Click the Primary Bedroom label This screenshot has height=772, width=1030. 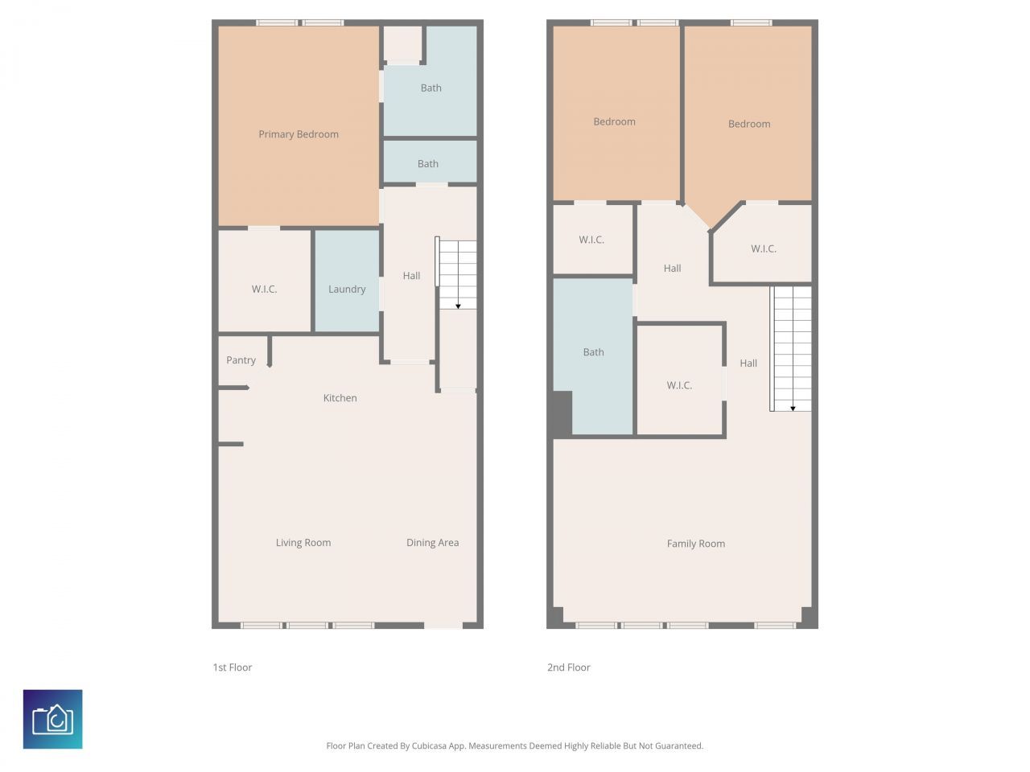click(x=299, y=134)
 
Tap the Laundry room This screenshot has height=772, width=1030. click(x=347, y=289)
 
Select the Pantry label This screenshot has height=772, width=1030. click(x=241, y=360)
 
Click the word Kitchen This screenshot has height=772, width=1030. click(x=340, y=398)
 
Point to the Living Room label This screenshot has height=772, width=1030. click(x=303, y=543)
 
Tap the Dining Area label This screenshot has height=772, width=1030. click(x=432, y=543)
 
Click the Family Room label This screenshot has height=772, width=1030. click(x=695, y=544)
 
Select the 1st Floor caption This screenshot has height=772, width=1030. click(x=233, y=667)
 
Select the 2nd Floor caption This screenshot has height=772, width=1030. click(x=569, y=667)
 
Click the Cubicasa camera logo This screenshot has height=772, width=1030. click(x=53, y=719)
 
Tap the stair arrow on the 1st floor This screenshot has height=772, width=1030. click(x=458, y=305)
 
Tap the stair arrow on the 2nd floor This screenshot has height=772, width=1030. click(x=793, y=408)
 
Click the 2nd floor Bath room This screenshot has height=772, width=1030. click(x=594, y=352)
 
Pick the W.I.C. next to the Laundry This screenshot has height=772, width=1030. click(x=264, y=289)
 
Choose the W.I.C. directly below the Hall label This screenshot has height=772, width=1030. click(x=679, y=385)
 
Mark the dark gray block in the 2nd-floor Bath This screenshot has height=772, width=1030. click(x=562, y=413)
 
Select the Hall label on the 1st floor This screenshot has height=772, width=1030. click(x=411, y=276)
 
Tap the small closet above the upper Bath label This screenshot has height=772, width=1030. click(x=402, y=44)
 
